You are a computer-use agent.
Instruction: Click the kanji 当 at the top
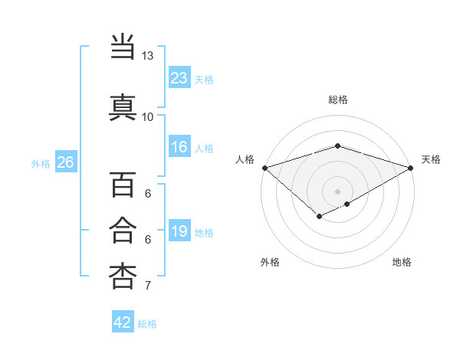click(x=123, y=47)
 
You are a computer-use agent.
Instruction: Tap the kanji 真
click(x=123, y=106)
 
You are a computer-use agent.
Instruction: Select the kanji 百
click(x=123, y=185)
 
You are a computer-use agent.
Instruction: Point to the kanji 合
click(x=123, y=231)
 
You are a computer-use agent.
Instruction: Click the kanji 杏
click(x=123, y=276)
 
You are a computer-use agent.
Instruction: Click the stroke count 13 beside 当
click(x=147, y=56)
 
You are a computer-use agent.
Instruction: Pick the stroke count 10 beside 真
click(x=147, y=116)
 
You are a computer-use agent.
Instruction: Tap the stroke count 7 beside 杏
click(x=147, y=286)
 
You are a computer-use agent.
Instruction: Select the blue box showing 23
click(x=179, y=77)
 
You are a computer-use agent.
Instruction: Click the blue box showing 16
click(x=179, y=147)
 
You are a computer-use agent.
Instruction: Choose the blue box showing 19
click(x=179, y=231)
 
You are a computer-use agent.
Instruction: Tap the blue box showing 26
click(x=65, y=162)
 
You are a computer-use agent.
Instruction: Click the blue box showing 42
click(x=123, y=322)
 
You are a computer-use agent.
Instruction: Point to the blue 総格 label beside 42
click(x=147, y=324)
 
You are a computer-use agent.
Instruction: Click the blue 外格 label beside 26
click(x=41, y=163)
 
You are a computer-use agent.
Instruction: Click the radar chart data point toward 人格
click(x=264, y=167)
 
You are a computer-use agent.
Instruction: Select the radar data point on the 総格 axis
click(x=338, y=146)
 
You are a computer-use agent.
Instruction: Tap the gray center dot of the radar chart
click(x=338, y=191)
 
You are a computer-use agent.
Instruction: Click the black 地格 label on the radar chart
click(x=402, y=262)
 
